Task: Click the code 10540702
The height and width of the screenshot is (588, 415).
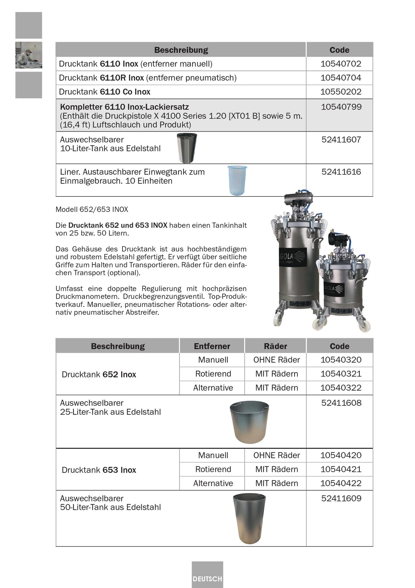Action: click(x=341, y=64)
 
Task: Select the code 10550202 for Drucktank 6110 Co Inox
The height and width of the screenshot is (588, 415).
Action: click(x=341, y=92)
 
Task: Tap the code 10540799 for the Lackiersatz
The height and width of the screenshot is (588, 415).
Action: click(x=341, y=107)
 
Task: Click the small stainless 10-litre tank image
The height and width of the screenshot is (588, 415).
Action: click(x=187, y=148)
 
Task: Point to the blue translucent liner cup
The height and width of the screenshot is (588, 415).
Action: click(x=237, y=180)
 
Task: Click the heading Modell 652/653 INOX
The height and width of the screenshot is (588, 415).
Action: click(x=92, y=209)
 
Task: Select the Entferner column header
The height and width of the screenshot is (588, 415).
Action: click(x=212, y=346)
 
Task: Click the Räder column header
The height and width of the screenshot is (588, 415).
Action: click(x=275, y=346)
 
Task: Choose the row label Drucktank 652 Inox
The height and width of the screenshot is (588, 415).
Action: click(x=99, y=374)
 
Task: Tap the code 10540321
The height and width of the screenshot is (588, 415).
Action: click(x=341, y=374)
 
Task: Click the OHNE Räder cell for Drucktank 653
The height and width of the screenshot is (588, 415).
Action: click(x=277, y=455)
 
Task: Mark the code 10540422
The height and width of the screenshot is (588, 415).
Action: click(x=341, y=483)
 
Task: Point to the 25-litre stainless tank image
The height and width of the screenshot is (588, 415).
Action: click(x=250, y=422)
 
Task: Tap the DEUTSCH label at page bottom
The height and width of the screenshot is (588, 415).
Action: click(x=207, y=579)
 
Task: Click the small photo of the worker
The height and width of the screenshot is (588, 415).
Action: click(x=29, y=55)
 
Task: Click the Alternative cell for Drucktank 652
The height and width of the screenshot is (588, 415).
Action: click(x=213, y=388)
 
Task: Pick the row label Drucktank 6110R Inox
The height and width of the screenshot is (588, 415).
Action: click(x=148, y=78)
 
